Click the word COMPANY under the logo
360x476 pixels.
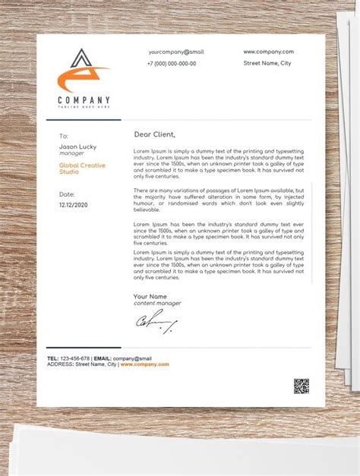[84, 100]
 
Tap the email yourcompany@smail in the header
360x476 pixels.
[175, 52]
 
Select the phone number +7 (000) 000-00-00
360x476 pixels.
[171, 64]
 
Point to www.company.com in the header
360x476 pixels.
[268, 52]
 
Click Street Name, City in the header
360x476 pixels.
[267, 64]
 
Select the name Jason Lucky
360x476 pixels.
[77, 147]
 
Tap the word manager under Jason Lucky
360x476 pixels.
[71, 153]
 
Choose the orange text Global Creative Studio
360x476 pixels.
[82, 169]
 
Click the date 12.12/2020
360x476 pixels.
[74, 205]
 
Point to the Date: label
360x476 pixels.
[67, 194]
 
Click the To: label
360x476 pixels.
[64, 137]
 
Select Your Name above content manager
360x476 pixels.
[150, 296]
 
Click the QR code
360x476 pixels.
[302, 386]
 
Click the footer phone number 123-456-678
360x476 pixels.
[75, 358]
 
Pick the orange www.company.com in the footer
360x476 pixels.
[144, 364]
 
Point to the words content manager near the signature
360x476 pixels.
[157, 304]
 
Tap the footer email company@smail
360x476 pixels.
[133, 358]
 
